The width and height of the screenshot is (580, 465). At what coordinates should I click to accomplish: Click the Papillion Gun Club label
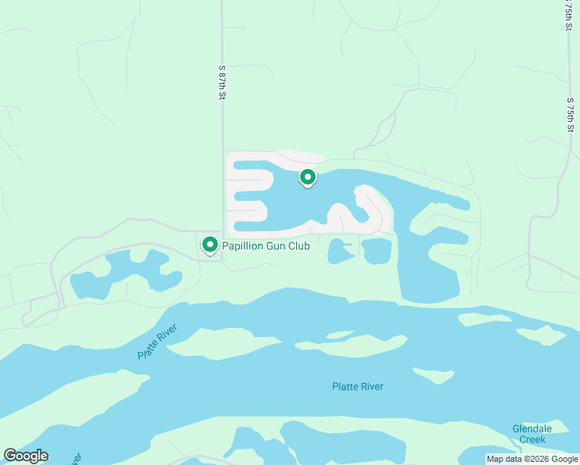pos(266,246)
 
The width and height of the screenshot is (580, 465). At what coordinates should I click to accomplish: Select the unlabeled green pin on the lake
pos(308,178)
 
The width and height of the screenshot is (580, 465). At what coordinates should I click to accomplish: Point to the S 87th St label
pos(221,83)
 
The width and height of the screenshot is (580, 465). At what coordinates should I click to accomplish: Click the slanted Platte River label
pos(157,342)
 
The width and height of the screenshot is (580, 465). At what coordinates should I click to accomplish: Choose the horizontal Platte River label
pos(357,387)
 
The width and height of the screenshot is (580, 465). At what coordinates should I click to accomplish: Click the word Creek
pos(533,439)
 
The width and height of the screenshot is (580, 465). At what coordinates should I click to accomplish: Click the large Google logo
pos(26,456)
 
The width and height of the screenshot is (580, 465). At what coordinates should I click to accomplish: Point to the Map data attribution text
pos(531,459)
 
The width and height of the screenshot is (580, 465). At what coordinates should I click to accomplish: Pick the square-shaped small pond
pos(377,251)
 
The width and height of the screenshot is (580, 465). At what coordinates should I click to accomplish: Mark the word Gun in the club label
pos(278,246)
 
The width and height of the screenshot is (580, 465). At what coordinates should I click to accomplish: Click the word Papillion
pos(243,246)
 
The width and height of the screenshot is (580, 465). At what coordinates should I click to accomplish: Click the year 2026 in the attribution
pos(534,459)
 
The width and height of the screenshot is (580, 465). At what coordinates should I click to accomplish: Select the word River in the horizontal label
pos(371,387)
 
